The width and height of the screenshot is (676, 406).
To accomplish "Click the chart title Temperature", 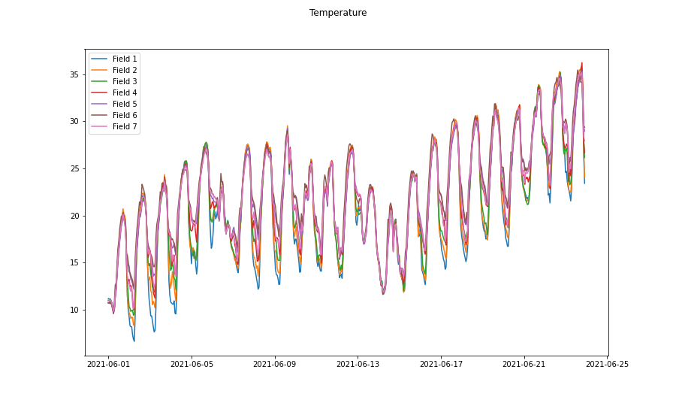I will tap(338, 13).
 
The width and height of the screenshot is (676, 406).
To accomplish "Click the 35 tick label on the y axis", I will tap(74, 74).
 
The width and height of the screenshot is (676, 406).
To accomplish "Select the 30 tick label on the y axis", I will tap(74, 121).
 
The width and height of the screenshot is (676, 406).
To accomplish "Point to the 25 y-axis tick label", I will tap(74, 168).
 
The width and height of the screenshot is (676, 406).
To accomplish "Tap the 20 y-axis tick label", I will tap(74, 216).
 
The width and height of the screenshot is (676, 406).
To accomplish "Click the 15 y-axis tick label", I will tap(74, 262).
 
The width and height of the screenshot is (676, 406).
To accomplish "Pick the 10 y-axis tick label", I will tap(74, 310).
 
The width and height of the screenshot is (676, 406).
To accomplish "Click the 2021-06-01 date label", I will tap(108, 364).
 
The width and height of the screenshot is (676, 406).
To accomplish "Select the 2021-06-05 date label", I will tap(192, 364).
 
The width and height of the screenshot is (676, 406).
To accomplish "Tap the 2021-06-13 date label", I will tap(358, 364).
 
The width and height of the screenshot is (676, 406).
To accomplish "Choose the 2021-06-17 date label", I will tap(441, 364).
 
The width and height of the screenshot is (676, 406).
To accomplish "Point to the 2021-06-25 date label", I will tap(607, 364).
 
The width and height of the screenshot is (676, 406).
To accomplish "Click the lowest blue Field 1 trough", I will tap(134, 341).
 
